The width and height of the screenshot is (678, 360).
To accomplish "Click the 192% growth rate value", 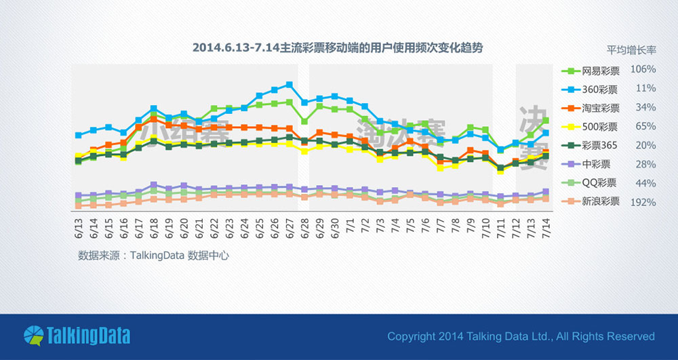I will tap(643, 202).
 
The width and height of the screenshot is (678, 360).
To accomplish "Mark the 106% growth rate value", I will tap(643, 70).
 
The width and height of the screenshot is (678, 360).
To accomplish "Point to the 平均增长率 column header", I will tap(631, 49).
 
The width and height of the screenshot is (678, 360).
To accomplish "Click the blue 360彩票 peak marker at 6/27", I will tap(290, 85).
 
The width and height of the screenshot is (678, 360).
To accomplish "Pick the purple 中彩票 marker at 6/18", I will tap(154, 185).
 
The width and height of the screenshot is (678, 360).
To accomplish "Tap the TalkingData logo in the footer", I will tap(77, 336).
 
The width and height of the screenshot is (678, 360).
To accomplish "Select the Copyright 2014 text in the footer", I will tap(521, 336).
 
